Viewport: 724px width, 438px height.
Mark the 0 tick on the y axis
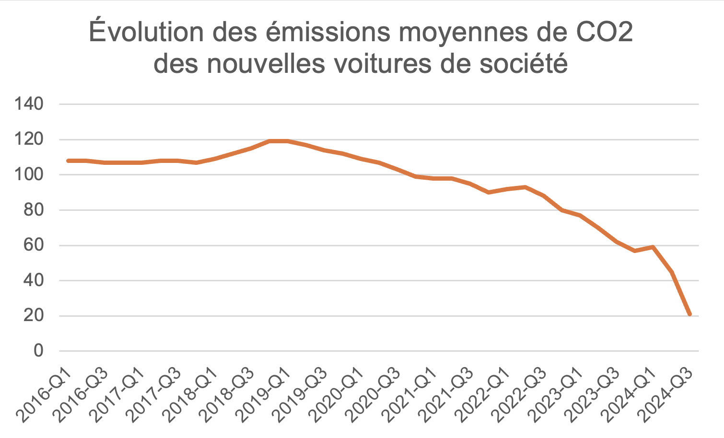(x=38, y=351)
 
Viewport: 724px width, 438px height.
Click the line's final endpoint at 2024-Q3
(x=690, y=314)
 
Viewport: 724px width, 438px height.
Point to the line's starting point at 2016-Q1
(x=68, y=161)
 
